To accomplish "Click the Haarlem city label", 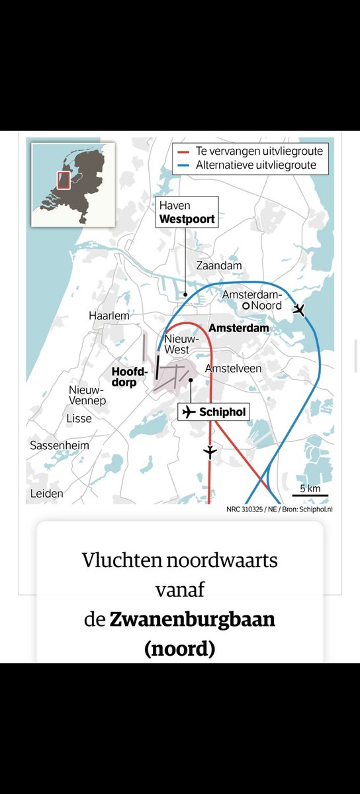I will pyautogui.click(x=109, y=316).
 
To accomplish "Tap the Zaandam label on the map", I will pyautogui.click(x=219, y=265).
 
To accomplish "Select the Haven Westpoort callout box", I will pyautogui.click(x=187, y=212).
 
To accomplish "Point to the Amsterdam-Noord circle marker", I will pyautogui.click(x=246, y=306).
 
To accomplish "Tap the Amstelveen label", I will pyautogui.click(x=234, y=368).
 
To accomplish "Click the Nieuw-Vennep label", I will pyautogui.click(x=86, y=396).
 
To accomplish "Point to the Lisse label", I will pyautogui.click(x=79, y=418).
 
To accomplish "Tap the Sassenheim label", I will pyautogui.click(x=60, y=445).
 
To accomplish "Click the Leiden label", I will pyautogui.click(x=47, y=494).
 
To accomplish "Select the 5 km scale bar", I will pyautogui.click(x=310, y=494).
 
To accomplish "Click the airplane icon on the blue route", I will pyautogui.click(x=299, y=310).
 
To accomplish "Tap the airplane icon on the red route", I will pyautogui.click(x=210, y=453).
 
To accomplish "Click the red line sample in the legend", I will pyautogui.click(x=184, y=151).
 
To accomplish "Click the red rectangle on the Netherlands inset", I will pyautogui.click(x=64, y=180).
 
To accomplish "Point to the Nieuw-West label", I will pyautogui.click(x=177, y=343).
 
